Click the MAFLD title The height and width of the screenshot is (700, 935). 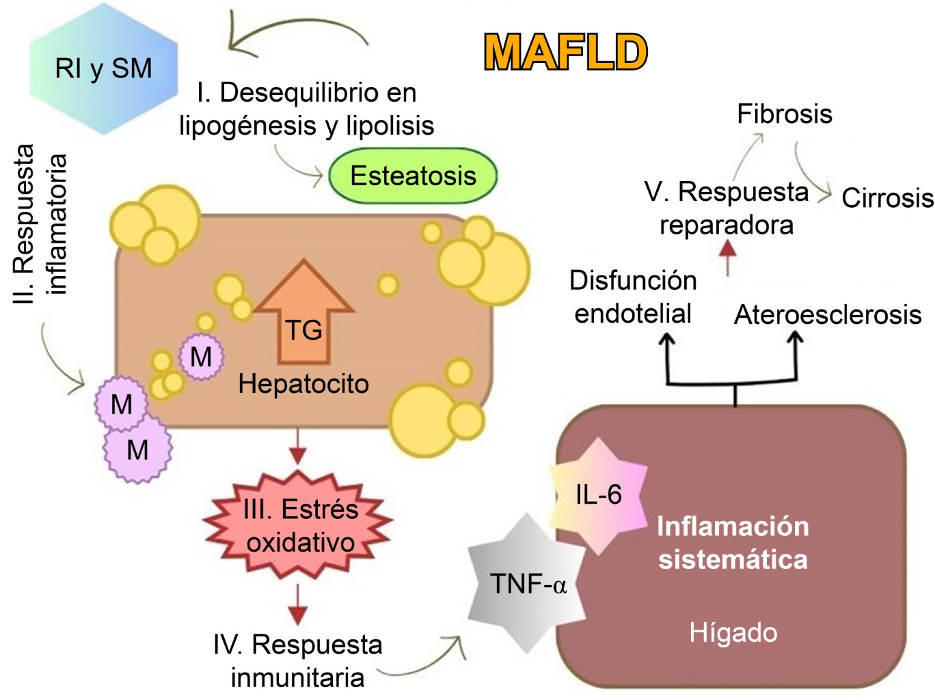pyautogui.click(x=565, y=53)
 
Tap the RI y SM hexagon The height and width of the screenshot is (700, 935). pyautogui.click(x=103, y=68)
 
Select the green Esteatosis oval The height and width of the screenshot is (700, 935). pyautogui.click(x=413, y=176)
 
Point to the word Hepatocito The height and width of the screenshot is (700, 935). pyautogui.click(x=303, y=384)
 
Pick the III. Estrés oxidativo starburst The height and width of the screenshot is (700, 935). pyautogui.click(x=299, y=526)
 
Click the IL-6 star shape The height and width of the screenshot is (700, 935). pyautogui.click(x=599, y=495)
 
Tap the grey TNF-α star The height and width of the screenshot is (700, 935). pyautogui.click(x=527, y=583)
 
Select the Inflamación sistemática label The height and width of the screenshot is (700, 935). pyautogui.click(x=733, y=543)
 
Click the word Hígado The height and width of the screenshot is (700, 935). pyautogui.click(x=733, y=632)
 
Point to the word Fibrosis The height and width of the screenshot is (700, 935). pyautogui.click(x=784, y=113)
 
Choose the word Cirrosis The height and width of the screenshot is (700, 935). pyautogui.click(x=887, y=198)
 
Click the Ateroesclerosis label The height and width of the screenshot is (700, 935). pyautogui.click(x=828, y=314)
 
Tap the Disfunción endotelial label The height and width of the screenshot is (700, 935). pyautogui.click(x=633, y=297)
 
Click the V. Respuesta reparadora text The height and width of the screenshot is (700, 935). pyautogui.click(x=727, y=208)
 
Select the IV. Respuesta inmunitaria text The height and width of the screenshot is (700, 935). pyautogui.click(x=297, y=660)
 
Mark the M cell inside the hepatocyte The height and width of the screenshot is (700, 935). pyautogui.click(x=201, y=357)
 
